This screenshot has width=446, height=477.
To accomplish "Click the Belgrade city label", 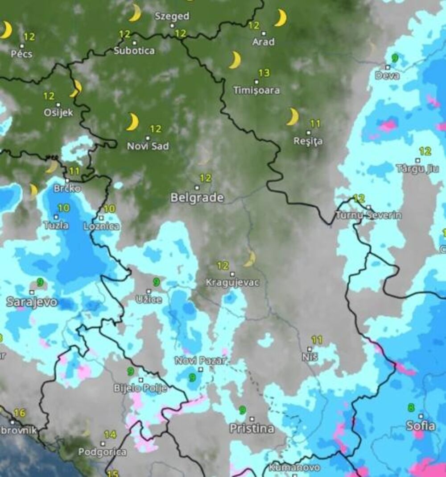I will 197,198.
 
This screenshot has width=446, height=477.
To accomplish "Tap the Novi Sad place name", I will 148,146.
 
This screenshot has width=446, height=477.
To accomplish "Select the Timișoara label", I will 256,90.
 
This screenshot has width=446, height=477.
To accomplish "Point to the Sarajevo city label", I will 32,302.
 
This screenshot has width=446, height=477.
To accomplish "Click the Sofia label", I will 420,426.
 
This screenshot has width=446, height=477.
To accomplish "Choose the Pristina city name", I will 252,429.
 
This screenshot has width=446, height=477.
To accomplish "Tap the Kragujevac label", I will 232,283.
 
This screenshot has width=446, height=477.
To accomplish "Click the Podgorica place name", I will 102,452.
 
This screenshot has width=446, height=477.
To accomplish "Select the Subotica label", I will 134,50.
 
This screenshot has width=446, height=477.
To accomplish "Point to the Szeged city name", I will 172,17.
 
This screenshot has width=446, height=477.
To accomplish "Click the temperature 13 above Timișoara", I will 264,73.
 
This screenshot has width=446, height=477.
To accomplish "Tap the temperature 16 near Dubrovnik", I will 19,413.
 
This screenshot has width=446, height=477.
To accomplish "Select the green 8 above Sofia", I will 410,407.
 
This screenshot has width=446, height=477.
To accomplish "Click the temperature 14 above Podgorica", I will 110,434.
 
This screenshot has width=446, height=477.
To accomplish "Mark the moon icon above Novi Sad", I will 132,122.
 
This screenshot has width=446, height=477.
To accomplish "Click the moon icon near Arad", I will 281,18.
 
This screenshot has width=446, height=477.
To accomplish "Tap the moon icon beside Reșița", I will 293,117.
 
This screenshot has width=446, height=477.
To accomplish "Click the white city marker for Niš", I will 310,349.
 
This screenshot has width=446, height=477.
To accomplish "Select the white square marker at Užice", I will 149,291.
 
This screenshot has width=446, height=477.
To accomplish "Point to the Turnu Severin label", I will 368,215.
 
